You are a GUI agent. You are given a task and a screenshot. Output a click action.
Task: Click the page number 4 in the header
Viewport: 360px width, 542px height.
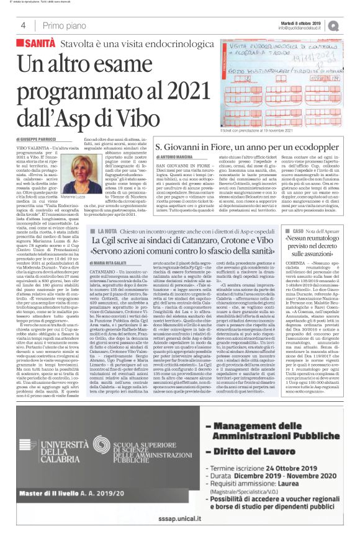(x=22, y=25)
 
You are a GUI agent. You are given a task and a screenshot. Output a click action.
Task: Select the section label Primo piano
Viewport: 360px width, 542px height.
(x=60, y=25)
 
